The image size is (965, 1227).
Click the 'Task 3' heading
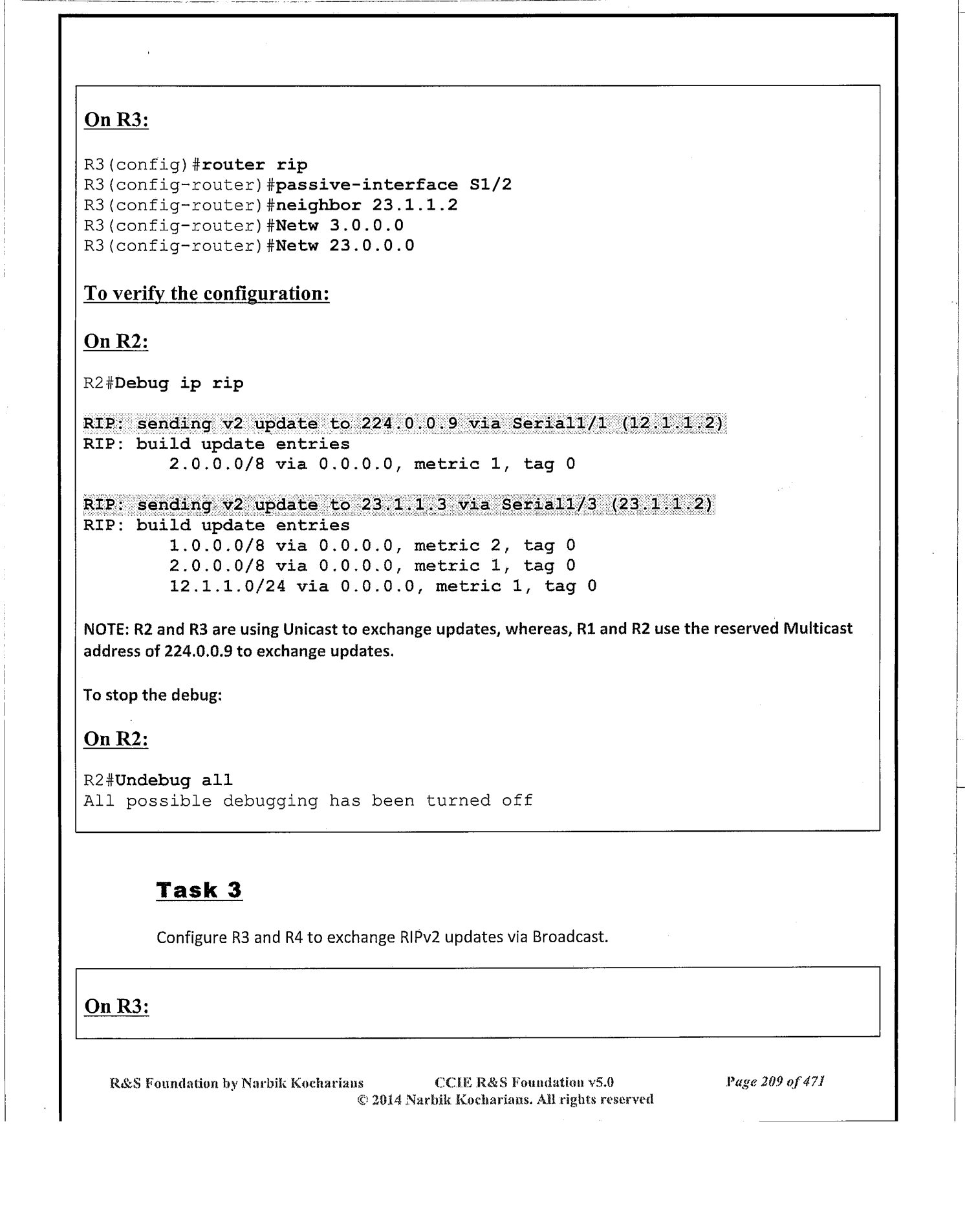[199, 890]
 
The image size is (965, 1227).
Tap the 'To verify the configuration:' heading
[207, 293]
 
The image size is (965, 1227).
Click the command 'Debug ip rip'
[179, 383]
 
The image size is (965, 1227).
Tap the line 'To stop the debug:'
[153, 695]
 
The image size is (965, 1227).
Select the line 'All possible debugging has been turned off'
[308, 801]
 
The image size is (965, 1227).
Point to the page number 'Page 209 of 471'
[775, 1081]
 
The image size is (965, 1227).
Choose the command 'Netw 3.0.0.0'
[340, 225]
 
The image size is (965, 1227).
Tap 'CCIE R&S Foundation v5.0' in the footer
[524, 1082]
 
